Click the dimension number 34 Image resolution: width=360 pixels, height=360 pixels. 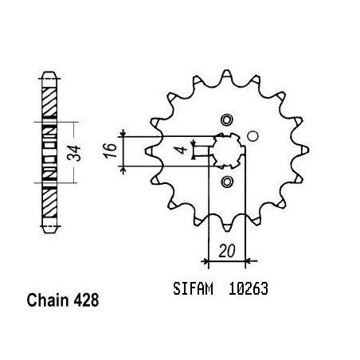[74, 153]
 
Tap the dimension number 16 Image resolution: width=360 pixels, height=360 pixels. [111, 151]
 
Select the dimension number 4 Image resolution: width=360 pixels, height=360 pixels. [182, 150]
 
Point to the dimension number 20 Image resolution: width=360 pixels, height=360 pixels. [227, 251]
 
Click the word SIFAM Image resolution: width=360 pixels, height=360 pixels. [193, 288]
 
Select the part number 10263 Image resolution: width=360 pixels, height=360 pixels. [248, 288]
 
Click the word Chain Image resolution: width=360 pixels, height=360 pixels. [47, 300]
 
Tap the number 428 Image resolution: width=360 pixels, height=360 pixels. [86, 300]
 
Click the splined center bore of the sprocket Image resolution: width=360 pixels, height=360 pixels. [228, 151]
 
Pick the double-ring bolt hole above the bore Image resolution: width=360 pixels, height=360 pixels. [227, 120]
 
